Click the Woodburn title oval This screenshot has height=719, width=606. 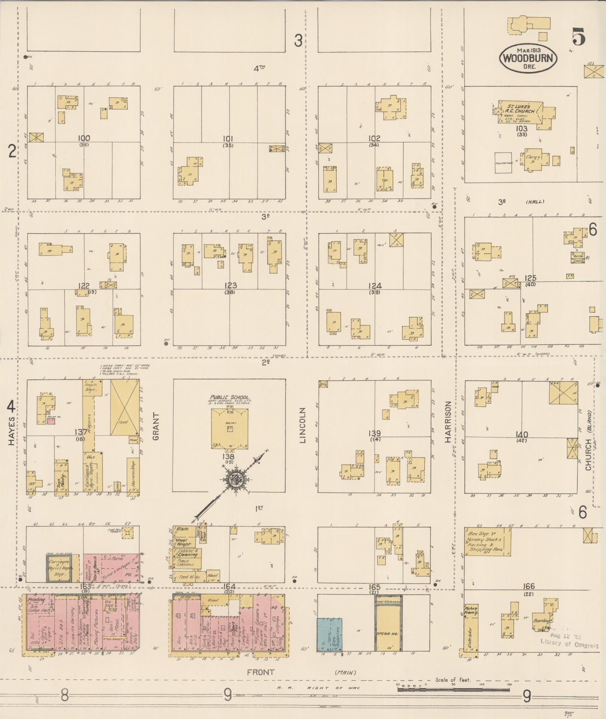528,58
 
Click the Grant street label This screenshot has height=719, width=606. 156,426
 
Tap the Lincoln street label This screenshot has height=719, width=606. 303,425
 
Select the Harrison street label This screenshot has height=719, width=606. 447,422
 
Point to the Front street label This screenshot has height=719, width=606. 260,672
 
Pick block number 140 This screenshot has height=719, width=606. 522,435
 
